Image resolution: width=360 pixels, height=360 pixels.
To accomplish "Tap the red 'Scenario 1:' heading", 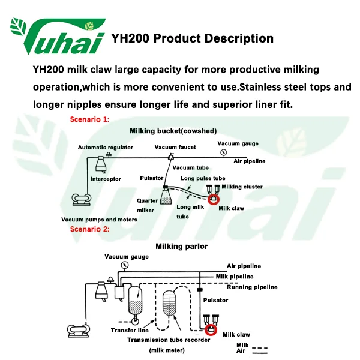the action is tap(90, 119).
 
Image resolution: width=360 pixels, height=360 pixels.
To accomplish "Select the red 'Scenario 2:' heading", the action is tap(90, 229).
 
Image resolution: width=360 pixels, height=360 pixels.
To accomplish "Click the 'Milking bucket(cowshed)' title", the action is tap(173, 131).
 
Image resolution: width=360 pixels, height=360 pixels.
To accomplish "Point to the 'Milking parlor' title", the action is tap(182, 246).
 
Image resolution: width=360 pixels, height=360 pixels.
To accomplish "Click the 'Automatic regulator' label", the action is tap(106, 148).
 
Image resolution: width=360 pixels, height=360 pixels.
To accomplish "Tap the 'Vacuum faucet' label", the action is tap(175, 148).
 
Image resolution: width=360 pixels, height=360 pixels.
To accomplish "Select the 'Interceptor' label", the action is tap(106, 179).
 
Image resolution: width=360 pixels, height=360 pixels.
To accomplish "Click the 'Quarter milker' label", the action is tap(147, 206).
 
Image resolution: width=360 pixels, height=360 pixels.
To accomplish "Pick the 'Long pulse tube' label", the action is tap(203, 178).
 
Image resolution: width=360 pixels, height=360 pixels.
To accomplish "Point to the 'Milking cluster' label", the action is tap(242, 187).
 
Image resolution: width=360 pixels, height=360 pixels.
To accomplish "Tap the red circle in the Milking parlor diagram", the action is tap(211, 329).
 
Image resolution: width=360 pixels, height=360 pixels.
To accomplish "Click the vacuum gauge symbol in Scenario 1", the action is tap(223, 152).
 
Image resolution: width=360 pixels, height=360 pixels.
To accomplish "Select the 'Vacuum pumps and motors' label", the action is tap(99, 220).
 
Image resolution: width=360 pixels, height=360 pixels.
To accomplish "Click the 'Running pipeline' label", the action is tap(252, 287).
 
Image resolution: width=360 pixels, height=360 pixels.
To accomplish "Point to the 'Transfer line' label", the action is tap(130, 330).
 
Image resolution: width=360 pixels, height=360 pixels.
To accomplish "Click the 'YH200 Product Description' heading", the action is tap(193, 39).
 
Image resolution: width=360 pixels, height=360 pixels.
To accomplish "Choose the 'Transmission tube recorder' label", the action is tap(169, 340).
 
